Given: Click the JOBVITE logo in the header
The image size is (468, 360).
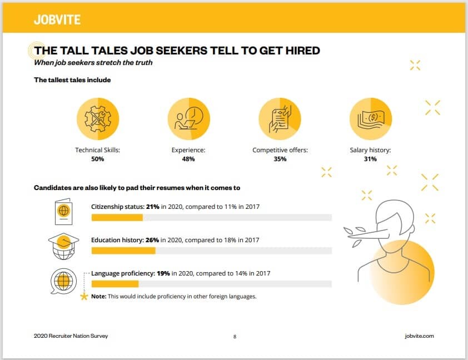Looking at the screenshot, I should pyautogui.click(x=57, y=20).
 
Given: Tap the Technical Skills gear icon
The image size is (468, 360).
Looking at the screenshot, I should pyautogui.click(x=98, y=119).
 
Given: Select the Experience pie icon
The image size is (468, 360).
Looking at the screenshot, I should pyautogui.click(x=189, y=119).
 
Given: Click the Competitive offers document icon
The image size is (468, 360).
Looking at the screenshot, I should pyautogui.click(x=280, y=119).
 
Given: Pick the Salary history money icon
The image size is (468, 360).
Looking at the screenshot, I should pyautogui.click(x=371, y=119).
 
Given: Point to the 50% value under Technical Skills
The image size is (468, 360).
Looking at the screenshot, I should pyautogui.click(x=97, y=159).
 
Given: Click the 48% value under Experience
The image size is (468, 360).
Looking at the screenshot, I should pyautogui.click(x=188, y=159).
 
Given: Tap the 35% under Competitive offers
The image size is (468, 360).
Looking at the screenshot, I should pyautogui.click(x=280, y=159).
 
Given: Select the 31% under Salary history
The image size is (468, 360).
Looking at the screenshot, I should pyautogui.click(x=370, y=159).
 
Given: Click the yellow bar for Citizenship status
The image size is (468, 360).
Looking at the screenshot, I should pyautogui.click(x=117, y=217).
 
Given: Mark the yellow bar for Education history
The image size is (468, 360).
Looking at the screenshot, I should pyautogui.click(x=123, y=251).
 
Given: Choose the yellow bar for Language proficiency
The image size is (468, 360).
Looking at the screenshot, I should pyautogui.click(x=114, y=284).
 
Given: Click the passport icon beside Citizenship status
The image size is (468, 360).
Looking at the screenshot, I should pyautogui.click(x=63, y=211).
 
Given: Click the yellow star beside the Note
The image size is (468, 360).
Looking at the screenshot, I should pyautogui.click(x=84, y=297).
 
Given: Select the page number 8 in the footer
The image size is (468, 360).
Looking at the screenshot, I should pyautogui.click(x=235, y=336).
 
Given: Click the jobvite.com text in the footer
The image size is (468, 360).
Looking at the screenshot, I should pyautogui.click(x=419, y=336).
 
